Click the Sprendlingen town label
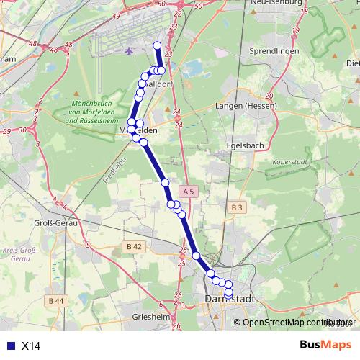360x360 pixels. coord(273,52)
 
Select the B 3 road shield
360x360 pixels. coord(238,207)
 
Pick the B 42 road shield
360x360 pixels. coord(135,247)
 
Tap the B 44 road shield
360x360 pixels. coord(55,300)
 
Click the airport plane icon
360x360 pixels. coord(129,51)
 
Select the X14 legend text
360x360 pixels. coord(31,346)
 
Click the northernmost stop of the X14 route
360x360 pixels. coord(157,45)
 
